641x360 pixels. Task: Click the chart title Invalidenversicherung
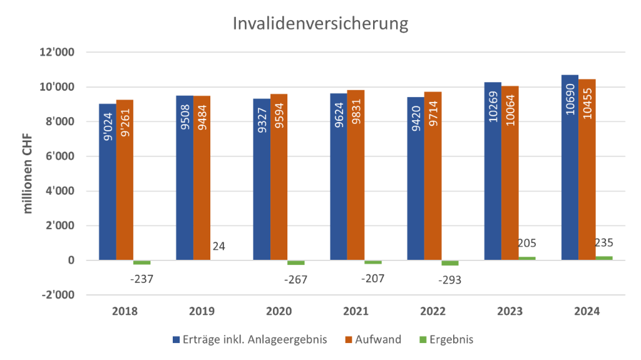(x=320, y=24)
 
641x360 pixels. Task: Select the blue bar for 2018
(x=107, y=182)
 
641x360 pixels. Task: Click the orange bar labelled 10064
(x=510, y=172)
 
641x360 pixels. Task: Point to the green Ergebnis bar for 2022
(x=449, y=263)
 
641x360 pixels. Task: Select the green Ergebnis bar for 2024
(x=604, y=257)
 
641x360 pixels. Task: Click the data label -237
(x=141, y=279)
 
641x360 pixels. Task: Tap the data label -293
(x=449, y=280)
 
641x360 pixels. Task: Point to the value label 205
(x=527, y=243)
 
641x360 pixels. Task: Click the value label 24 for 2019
(x=218, y=246)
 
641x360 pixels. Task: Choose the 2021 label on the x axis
(x=356, y=311)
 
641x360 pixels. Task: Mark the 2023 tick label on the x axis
(x=510, y=311)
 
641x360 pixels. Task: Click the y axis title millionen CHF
(x=28, y=173)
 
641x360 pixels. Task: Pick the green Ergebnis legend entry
(x=446, y=339)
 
